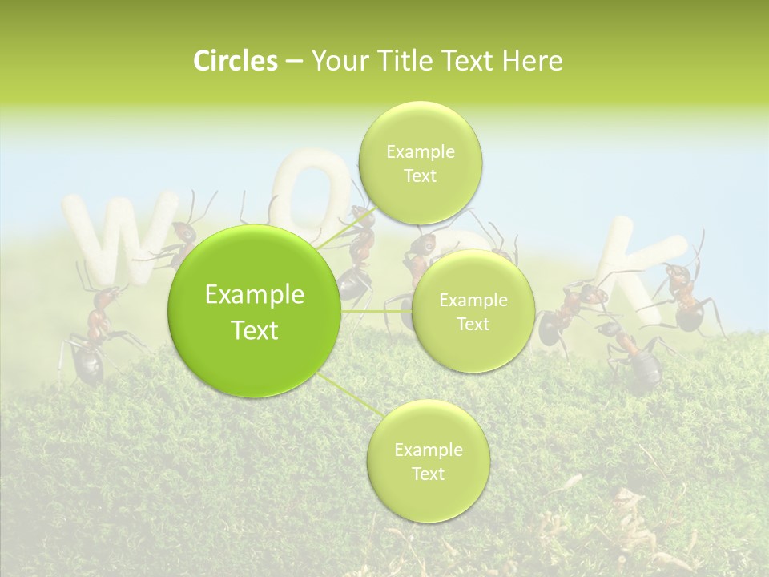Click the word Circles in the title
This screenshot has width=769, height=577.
click(236, 61)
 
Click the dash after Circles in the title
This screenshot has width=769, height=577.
click(293, 62)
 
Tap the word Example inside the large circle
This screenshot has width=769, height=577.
click(254, 295)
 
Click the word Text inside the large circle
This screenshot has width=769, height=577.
click(254, 330)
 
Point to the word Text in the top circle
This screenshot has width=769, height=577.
click(420, 176)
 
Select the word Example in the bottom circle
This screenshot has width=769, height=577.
click(428, 450)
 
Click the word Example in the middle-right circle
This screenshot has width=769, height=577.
click(473, 301)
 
